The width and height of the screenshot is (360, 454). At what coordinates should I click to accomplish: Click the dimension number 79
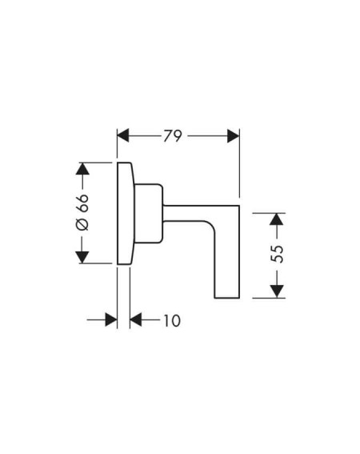pos(173,136)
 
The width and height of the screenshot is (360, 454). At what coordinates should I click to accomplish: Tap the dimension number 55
pos(278,254)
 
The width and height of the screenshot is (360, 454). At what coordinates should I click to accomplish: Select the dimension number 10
pos(172,320)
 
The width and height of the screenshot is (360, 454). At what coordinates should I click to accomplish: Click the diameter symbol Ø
pos(82,225)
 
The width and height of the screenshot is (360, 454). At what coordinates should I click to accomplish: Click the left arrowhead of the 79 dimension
pos(122,136)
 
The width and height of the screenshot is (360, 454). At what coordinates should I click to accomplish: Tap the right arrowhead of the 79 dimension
pos(234,136)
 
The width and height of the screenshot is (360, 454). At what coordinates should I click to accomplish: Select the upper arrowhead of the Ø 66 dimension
pos(82,168)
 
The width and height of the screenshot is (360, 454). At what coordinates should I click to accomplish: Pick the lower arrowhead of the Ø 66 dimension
pos(82,257)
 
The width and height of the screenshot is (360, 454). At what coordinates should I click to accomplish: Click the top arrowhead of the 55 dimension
pos(277,219)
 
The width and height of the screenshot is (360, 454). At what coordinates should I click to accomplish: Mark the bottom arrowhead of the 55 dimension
pos(277,291)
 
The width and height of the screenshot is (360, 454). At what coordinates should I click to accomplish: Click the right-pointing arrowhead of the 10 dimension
pos(111,319)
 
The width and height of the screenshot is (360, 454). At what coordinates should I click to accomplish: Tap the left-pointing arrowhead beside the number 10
pos(136,319)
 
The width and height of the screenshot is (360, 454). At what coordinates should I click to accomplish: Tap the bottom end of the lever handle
pos(227,298)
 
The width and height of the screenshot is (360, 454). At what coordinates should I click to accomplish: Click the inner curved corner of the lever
pos(210,226)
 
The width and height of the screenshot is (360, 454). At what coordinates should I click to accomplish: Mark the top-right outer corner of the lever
pos(240,206)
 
